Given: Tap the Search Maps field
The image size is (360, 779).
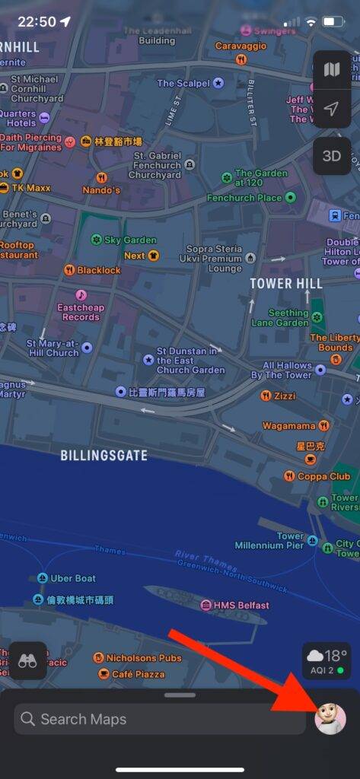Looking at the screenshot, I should coord(160,719).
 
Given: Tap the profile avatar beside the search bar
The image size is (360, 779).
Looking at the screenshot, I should coord(330,719).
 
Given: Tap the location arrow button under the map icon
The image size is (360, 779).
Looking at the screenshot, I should coord(331,109).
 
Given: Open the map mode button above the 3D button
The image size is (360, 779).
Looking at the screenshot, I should coord(331,70).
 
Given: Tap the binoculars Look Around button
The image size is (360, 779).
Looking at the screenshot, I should coord(28,660).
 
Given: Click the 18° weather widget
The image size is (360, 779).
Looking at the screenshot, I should coord(327,660).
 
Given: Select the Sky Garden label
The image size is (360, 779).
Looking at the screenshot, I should coord(129,240).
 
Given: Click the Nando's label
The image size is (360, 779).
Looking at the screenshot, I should coord(101,189).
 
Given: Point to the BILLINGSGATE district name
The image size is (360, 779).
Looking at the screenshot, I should coord(104,456).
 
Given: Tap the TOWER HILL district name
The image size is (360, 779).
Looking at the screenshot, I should coord(286,283).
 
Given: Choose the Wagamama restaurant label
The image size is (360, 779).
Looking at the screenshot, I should coord(290,426).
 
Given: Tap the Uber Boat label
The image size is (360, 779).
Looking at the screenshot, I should coord(73,578).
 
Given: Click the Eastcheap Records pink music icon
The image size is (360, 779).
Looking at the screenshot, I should coord(81,294).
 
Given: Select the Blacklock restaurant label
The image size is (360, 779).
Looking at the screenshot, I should coord(98,270).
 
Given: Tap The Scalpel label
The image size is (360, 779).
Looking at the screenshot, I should coord(184,83).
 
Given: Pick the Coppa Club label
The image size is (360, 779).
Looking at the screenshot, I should coord(323,476).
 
